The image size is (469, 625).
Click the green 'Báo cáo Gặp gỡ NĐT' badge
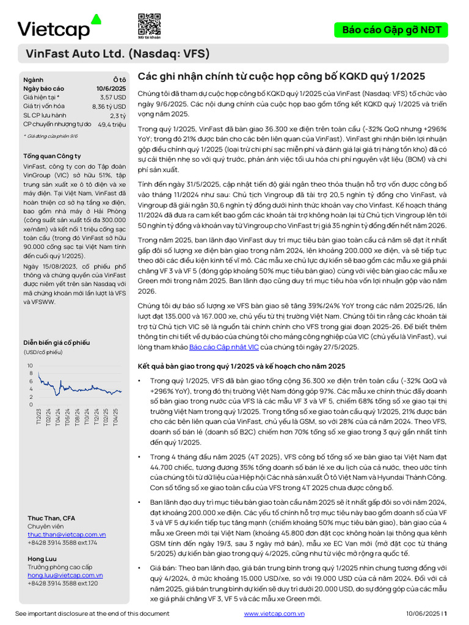391,30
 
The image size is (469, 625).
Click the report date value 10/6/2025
111,89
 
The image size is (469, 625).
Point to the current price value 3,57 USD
113,97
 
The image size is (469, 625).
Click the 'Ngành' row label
34,80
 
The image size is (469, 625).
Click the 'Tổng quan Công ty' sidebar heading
52,156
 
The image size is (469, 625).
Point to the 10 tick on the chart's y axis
30,365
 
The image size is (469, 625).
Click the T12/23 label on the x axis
38,417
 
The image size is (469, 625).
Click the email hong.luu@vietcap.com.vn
65,575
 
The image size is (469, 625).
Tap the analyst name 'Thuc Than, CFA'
52,518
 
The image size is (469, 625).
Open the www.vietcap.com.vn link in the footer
274,613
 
